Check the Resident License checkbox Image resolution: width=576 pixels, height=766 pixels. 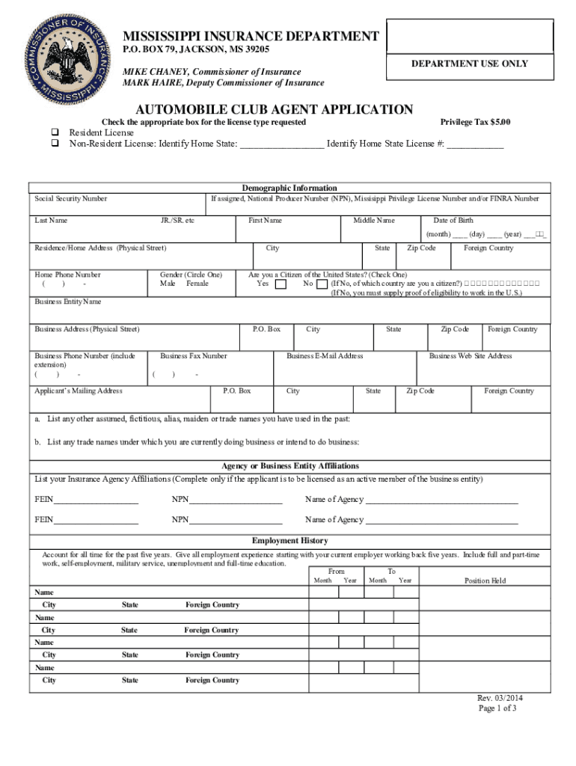pyautogui.click(x=55, y=132)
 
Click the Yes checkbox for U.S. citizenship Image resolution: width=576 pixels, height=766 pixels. pyautogui.click(x=281, y=284)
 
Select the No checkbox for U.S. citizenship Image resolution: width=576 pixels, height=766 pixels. pyautogui.click(x=322, y=284)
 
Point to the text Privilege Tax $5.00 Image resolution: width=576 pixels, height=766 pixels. pyautogui.click(x=475, y=122)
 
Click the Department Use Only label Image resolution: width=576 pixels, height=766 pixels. pyautogui.click(x=470, y=64)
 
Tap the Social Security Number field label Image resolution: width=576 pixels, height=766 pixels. pyautogui.click(x=71, y=199)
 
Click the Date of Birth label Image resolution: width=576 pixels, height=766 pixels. pyautogui.click(x=453, y=221)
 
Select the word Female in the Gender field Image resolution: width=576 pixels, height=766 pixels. pyautogui.click(x=197, y=284)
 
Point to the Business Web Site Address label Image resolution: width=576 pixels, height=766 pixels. pyautogui.click(x=471, y=356)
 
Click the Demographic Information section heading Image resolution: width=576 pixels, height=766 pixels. pyautogui.click(x=289, y=188)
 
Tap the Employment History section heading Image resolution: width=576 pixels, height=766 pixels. pyautogui.click(x=289, y=541)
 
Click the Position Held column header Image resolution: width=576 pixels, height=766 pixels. pyautogui.click(x=485, y=580)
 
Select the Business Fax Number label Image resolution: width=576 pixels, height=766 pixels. pyautogui.click(x=194, y=356)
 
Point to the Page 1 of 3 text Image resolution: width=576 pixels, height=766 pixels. pyautogui.click(x=497, y=708)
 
